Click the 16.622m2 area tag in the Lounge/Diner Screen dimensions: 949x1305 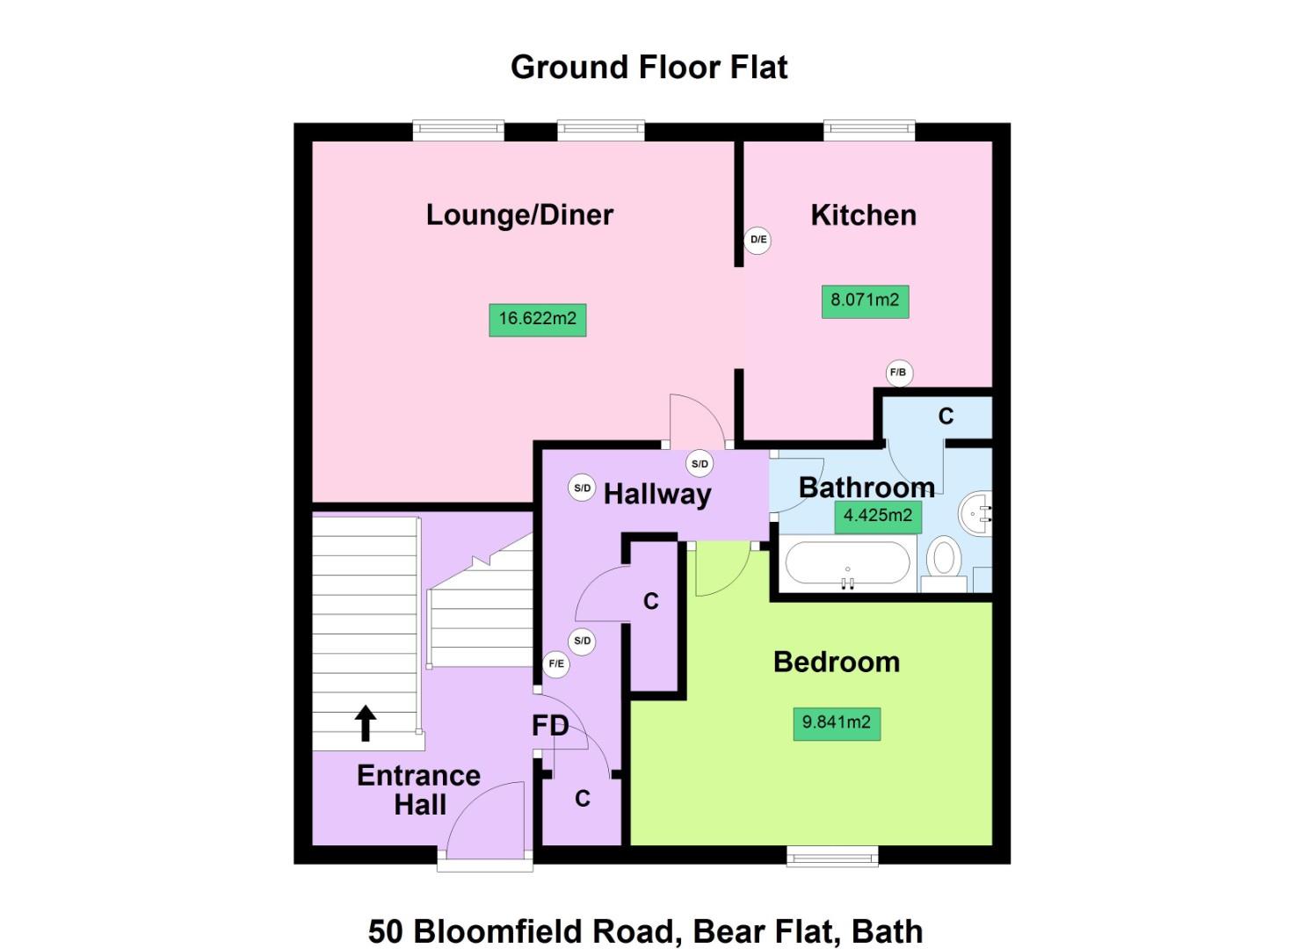537,319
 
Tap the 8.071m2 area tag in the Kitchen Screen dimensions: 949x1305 865,301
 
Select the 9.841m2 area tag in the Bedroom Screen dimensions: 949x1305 836,723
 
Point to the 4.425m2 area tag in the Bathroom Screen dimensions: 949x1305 877,516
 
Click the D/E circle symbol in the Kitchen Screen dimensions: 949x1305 758,240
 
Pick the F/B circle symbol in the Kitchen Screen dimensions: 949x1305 898,373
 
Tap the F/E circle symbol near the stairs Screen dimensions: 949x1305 556,664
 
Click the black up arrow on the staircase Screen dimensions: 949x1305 366,723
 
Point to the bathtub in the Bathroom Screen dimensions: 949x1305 847,563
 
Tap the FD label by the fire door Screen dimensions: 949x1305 550,726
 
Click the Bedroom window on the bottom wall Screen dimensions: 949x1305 831,856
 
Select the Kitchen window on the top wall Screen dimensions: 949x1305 868,131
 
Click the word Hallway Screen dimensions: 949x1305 656,494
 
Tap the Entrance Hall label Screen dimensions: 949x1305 419,790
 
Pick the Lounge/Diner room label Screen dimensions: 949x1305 519,215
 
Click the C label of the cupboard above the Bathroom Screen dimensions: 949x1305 946,417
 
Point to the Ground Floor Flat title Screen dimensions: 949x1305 649,68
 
